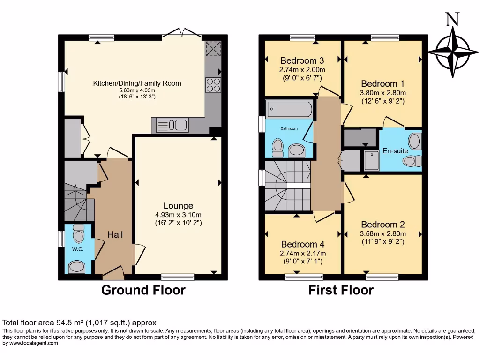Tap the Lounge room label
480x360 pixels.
[178, 205]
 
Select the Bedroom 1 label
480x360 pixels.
[382, 83]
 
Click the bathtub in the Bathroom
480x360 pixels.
[289, 110]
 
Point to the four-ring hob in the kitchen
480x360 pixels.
[213, 85]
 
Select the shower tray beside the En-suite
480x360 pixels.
[370, 160]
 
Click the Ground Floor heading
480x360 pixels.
[143, 290]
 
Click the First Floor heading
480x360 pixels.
[341, 290]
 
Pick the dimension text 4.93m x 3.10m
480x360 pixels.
[178, 215]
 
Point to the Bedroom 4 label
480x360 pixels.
[302, 244]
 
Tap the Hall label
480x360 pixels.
[115, 234]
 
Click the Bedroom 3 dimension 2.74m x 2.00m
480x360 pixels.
[302, 69]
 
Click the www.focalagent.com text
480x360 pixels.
[31, 343]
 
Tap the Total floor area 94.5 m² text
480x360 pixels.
[79, 322]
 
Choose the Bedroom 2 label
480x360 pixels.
[382, 225]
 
